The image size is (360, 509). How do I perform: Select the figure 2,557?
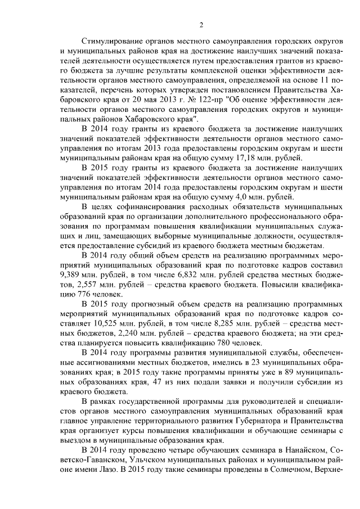tap(83, 285)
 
